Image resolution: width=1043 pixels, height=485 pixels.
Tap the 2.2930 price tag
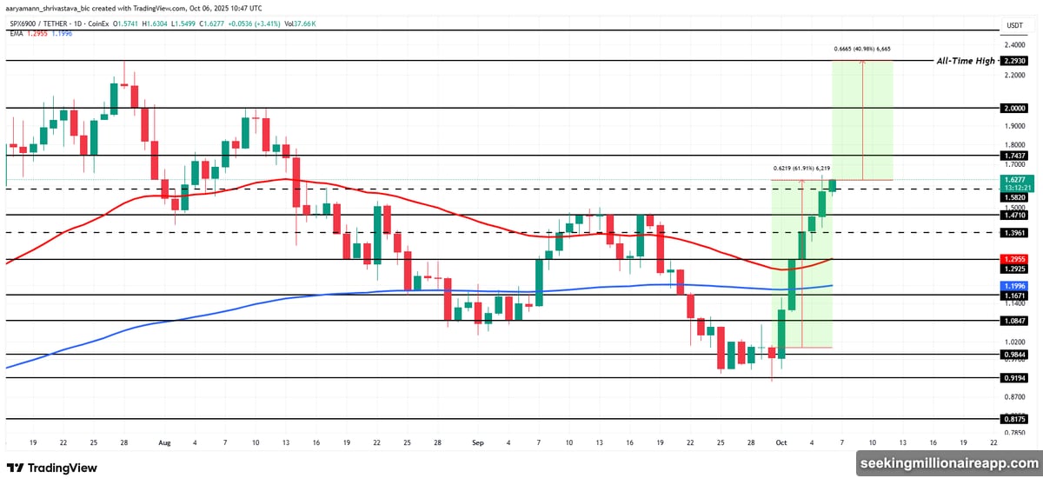coord(1014,61)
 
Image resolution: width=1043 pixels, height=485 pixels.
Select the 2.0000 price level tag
coord(1014,109)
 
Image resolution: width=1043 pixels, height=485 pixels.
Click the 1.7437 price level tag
coord(1014,155)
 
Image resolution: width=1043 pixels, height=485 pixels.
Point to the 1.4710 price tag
coord(1014,214)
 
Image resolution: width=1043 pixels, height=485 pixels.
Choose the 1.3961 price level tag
coord(1014,232)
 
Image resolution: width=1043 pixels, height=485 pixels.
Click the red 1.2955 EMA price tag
coord(1014,259)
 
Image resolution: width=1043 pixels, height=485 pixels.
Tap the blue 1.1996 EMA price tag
coord(1014,285)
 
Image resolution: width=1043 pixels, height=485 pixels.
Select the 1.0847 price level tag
coord(1014,321)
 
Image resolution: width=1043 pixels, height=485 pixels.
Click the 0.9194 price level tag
coord(1014,378)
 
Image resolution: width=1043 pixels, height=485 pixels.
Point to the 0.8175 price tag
coord(1014,418)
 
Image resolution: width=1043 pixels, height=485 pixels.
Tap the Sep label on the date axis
coord(477,442)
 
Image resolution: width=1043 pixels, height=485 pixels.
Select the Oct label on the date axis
coord(781,442)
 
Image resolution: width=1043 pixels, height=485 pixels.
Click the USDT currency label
coord(1014,25)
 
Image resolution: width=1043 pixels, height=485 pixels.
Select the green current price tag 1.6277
coord(1014,180)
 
